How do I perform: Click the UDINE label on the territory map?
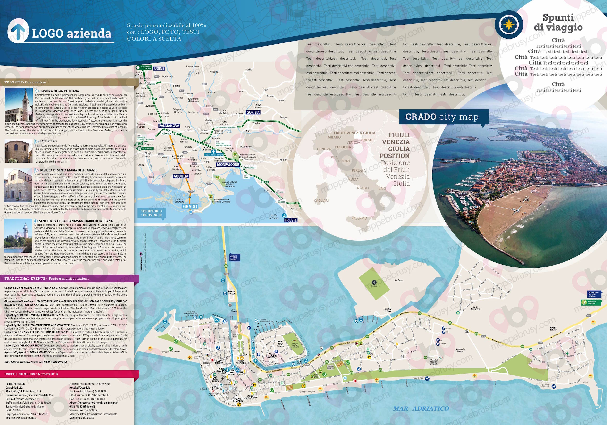[x=159, y=68]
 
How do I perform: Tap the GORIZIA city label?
[x=253, y=112]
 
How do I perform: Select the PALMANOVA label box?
[x=169, y=126]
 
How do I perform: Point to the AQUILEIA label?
[x=181, y=176]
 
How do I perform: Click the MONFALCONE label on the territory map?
[x=228, y=164]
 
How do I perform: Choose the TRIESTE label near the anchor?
[x=291, y=220]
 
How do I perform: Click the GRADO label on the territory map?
[x=190, y=206]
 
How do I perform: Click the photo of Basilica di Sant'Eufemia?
[x=18, y=105]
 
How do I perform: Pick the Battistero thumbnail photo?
[x=18, y=151]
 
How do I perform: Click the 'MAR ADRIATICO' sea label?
[x=421, y=408]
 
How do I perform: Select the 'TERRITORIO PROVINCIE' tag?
[x=151, y=213]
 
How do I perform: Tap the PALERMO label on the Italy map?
[x=359, y=218]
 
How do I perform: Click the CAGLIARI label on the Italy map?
[x=321, y=200]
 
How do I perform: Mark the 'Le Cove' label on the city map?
[x=399, y=280]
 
